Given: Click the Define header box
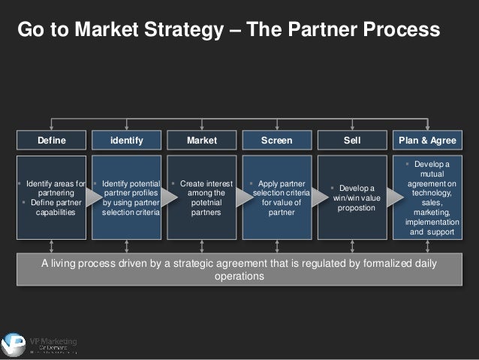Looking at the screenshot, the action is [51, 140].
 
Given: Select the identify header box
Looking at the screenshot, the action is [126, 140].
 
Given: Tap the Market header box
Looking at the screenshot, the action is [201, 140].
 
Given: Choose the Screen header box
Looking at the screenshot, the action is [276, 140].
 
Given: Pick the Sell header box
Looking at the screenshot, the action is [351, 140].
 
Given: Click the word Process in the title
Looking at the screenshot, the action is [401, 30].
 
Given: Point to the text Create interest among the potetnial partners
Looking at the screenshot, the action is [203, 198].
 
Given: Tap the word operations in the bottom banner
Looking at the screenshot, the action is [239, 276].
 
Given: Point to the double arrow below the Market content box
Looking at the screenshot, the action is [201, 246].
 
